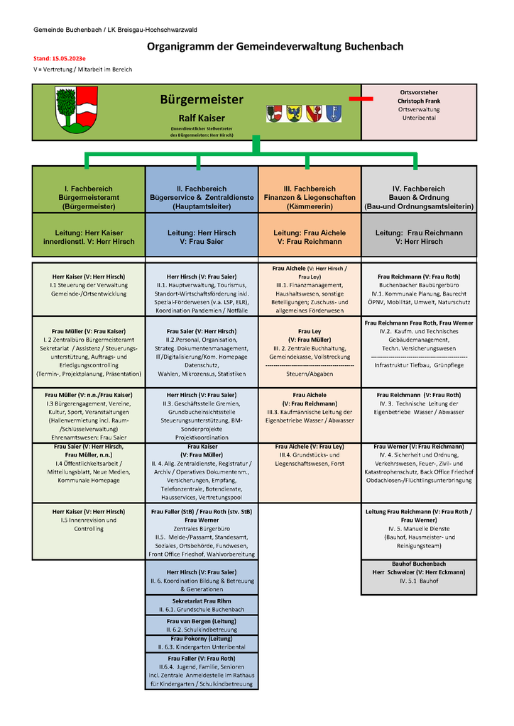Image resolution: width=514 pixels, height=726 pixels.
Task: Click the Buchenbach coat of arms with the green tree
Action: click(x=76, y=110)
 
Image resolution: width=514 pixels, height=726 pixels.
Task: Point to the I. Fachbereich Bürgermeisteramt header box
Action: click(x=89, y=197)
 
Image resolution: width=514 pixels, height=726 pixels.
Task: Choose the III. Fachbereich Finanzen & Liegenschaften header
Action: click(x=310, y=197)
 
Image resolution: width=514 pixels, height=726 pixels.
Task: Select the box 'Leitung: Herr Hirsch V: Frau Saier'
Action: click(x=202, y=237)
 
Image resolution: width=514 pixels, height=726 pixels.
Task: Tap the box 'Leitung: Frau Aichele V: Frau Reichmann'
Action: click(x=310, y=237)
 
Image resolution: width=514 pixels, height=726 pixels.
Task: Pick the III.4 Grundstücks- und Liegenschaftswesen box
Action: click(x=310, y=455)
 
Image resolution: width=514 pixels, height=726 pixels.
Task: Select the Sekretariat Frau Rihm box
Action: click(x=202, y=605)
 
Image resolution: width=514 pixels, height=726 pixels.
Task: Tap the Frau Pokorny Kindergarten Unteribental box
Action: click(x=202, y=643)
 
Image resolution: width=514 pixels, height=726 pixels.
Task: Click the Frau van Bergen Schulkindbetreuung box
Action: click(x=202, y=624)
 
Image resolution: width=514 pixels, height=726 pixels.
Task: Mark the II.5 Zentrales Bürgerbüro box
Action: click(x=202, y=532)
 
